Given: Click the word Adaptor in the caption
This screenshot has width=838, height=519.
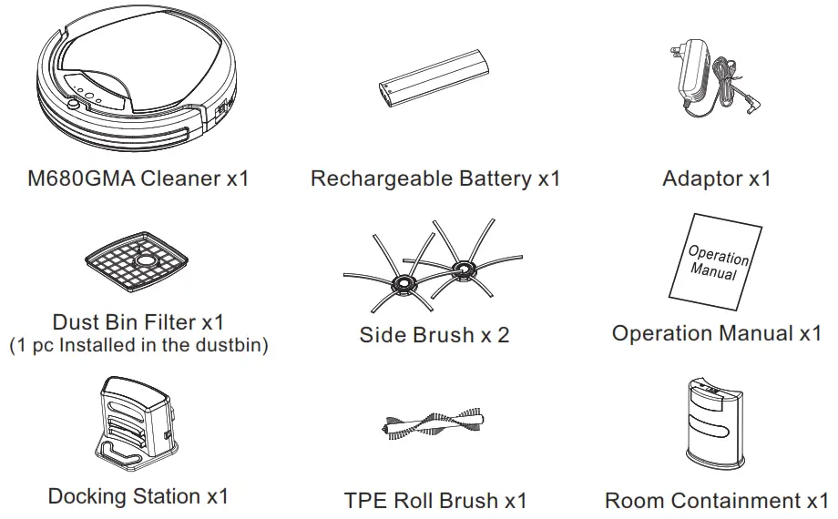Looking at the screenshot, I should pos(701,178).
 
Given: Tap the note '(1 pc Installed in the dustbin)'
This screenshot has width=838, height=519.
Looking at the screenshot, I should pos(138,346).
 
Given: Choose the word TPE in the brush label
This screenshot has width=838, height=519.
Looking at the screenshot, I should pos(365,501).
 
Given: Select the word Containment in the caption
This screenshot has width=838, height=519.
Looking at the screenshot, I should pos(738,501).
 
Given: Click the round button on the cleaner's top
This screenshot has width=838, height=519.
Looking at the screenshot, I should pos(72,106).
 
